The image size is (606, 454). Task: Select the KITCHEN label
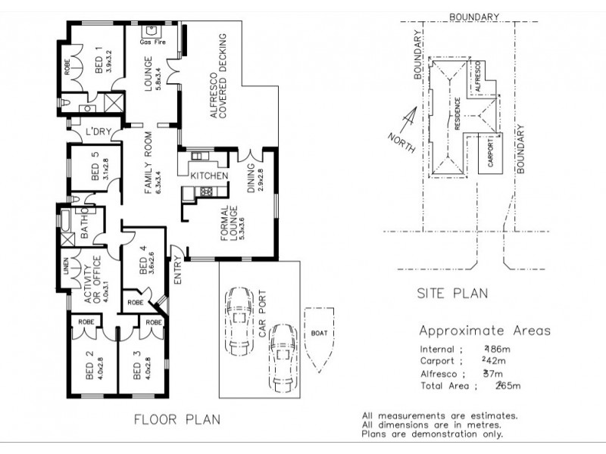pyautogui.click(x=209, y=176)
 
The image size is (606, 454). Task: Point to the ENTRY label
pyautogui.click(x=180, y=271)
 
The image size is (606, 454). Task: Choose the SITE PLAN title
pyautogui.click(x=453, y=293)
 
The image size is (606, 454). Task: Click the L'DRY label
pyautogui.click(x=99, y=132)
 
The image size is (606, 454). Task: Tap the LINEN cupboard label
pyautogui.click(x=67, y=269)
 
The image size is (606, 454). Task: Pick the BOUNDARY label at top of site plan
pyautogui.click(x=473, y=16)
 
